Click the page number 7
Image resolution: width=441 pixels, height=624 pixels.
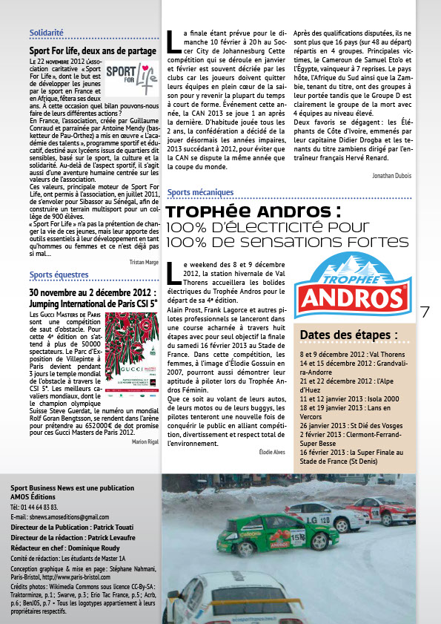point(425,313)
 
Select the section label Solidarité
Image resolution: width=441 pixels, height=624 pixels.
point(46,33)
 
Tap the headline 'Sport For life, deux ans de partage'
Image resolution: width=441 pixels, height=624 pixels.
point(92,51)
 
